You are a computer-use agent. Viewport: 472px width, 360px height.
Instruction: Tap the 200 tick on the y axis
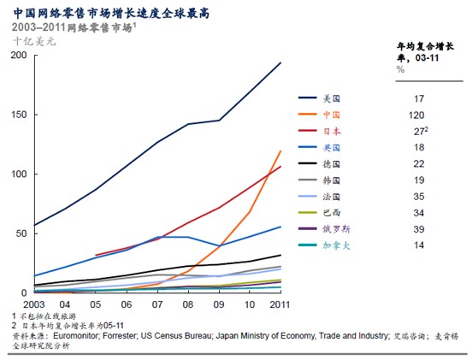18,55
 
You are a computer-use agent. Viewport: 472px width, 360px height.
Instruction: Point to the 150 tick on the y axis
18,115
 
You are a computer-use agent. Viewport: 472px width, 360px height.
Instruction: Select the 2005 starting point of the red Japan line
95,255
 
